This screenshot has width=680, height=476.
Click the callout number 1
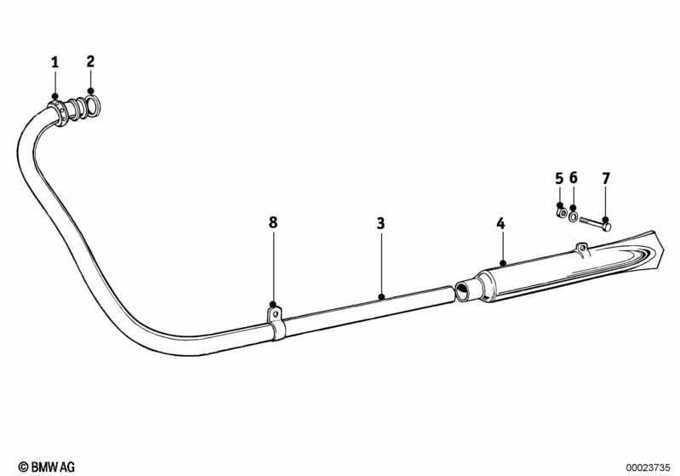click(x=54, y=62)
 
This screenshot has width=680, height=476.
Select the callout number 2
click(x=90, y=61)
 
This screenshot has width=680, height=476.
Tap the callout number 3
click(x=380, y=223)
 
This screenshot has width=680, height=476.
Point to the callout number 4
click(x=501, y=224)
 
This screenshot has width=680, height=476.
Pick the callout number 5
click(x=559, y=178)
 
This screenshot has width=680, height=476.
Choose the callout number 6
click(x=574, y=177)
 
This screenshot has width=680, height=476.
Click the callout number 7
click(x=606, y=178)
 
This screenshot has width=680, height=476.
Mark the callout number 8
click(x=273, y=222)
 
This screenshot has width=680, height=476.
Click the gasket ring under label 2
click(x=93, y=106)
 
